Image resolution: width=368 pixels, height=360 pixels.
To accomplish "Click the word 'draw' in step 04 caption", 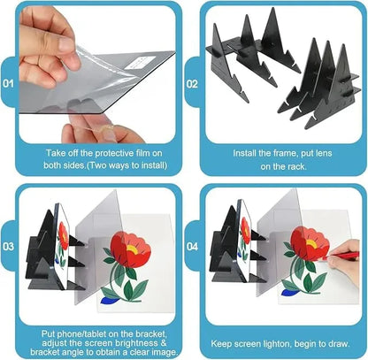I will point(329,341).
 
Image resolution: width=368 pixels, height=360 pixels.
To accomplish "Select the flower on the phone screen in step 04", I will point(245,232).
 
